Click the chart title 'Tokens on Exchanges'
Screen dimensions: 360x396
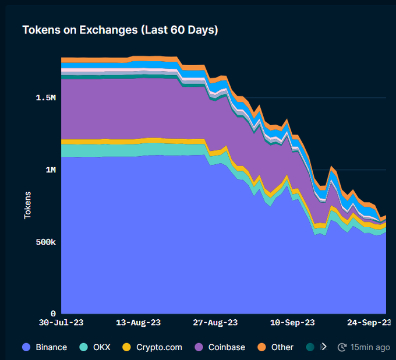pyautogui.click(x=120, y=30)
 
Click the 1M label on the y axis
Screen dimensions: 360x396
pyautogui.click(x=50, y=170)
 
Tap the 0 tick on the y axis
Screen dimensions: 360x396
pyautogui.click(x=53, y=313)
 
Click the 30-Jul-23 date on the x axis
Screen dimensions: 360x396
pyautogui.click(x=61, y=322)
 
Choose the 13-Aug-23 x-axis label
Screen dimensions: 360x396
pyautogui.click(x=139, y=322)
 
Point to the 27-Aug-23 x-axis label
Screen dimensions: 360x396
pyautogui.click(x=215, y=322)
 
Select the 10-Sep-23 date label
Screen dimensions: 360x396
pyautogui.click(x=293, y=322)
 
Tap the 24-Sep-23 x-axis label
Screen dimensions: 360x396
pyautogui.click(x=369, y=322)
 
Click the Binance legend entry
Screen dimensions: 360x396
pyautogui.click(x=51, y=347)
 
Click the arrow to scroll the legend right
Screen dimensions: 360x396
pyautogui.click(x=324, y=347)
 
